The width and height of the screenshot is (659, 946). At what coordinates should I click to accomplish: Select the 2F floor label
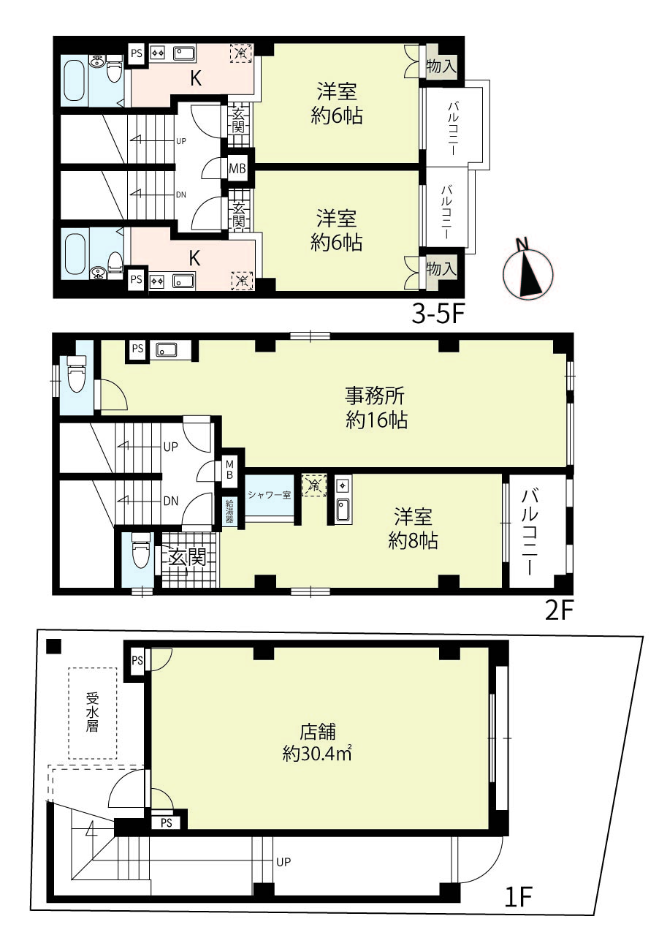(558, 610)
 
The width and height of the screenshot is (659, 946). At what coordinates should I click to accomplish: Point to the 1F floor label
(519, 897)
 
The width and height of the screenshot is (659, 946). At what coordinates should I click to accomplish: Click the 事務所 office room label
(375, 396)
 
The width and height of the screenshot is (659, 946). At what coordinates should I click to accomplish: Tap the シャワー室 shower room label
(270, 494)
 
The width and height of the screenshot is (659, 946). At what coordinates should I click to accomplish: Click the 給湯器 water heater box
(229, 512)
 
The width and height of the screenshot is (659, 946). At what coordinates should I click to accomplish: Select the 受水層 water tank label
(93, 713)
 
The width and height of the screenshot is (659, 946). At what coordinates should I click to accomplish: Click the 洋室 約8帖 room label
(413, 529)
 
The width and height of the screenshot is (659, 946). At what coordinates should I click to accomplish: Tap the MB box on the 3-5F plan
(237, 168)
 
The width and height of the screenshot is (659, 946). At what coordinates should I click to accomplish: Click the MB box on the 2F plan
(229, 469)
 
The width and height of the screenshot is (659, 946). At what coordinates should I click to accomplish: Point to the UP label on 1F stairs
(283, 862)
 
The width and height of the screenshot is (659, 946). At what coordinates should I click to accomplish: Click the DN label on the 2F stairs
(170, 502)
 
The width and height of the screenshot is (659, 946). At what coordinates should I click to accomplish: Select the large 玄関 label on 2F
(188, 558)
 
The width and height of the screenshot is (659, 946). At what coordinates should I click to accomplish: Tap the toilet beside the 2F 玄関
(141, 550)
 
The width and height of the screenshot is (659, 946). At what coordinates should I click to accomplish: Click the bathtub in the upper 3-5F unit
(75, 80)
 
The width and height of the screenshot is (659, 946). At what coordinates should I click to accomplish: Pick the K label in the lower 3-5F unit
(194, 258)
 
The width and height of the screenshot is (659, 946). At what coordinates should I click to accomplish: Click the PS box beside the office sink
(137, 349)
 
